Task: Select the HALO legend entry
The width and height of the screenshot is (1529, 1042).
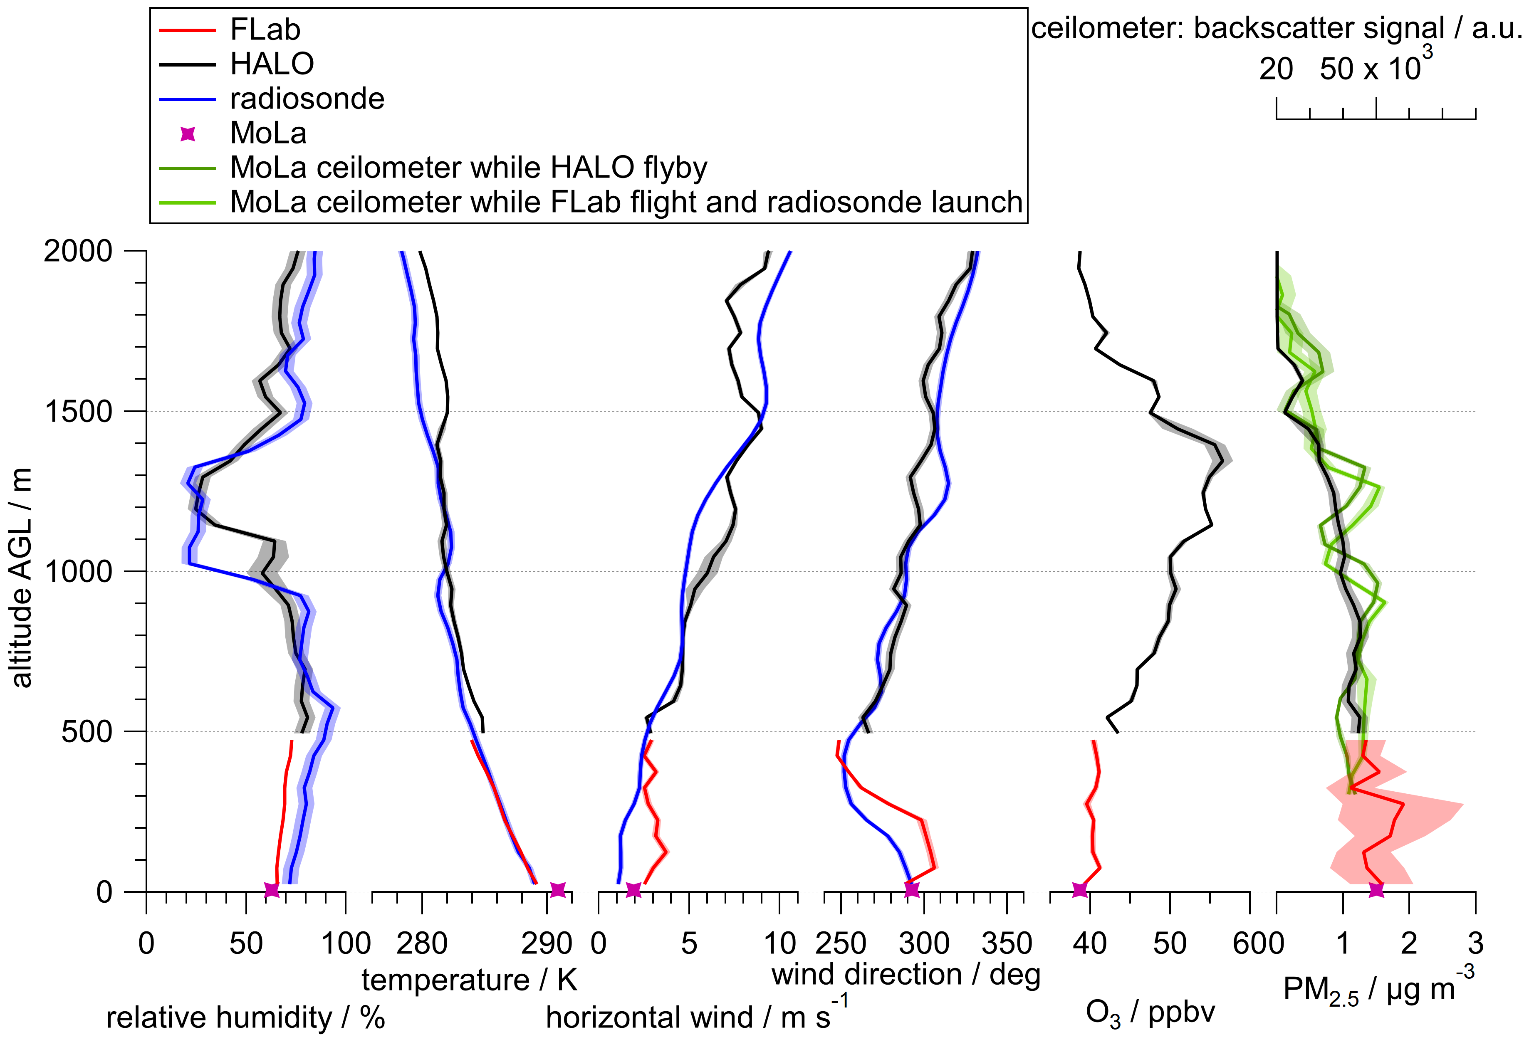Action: pos(237,64)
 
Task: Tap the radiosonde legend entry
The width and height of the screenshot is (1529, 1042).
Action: pos(272,99)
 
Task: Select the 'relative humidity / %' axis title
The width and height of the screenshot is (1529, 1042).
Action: pos(245,1017)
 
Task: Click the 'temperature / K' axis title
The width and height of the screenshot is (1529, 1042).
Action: pos(469,980)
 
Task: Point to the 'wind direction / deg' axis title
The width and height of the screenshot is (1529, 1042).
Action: pos(906,975)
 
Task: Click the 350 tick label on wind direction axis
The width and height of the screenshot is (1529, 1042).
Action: pos(1007,944)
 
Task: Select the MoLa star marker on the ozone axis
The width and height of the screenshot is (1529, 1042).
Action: pos(1080,890)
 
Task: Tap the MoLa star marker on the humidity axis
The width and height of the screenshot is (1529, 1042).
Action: pos(272,890)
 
